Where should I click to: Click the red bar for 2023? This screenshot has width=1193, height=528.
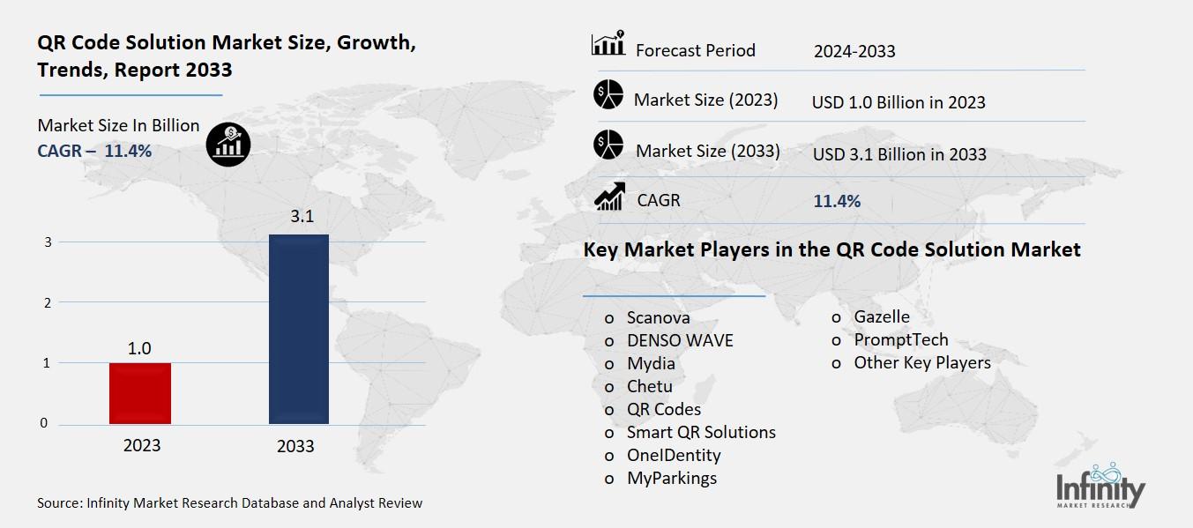[139, 393]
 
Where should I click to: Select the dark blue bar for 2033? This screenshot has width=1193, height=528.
[298, 329]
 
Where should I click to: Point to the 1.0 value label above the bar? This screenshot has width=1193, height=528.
[139, 348]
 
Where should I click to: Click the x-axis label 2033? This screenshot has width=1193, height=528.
[295, 446]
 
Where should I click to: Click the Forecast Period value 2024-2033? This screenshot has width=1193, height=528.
[854, 51]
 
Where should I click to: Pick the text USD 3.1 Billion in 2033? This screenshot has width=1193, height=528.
[898, 154]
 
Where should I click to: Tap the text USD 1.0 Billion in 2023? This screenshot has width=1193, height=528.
[898, 102]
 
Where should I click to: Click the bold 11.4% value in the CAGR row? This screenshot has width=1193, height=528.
[836, 201]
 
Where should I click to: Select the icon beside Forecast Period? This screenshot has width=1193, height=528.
[608, 44]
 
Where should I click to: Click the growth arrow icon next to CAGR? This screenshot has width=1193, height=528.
[608, 197]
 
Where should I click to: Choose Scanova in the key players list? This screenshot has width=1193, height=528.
[658, 317]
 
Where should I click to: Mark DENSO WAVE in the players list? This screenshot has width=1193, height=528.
[679, 340]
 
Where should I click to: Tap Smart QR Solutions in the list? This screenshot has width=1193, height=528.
[701, 432]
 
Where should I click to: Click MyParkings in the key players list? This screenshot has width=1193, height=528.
[671, 478]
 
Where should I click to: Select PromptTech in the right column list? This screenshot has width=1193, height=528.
[900, 339]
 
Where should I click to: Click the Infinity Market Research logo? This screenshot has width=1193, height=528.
[1100, 487]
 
